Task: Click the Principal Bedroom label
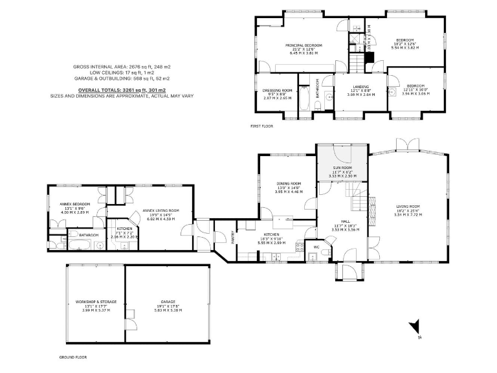(x=304, y=45)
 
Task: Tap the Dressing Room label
(x=277, y=91)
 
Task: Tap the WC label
(x=316, y=247)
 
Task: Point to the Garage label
(x=168, y=302)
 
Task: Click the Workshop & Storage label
(x=95, y=302)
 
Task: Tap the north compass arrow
(x=418, y=328)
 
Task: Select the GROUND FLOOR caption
(x=73, y=357)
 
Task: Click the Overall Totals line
(x=122, y=89)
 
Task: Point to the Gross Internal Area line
(x=122, y=67)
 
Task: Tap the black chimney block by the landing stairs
(x=369, y=57)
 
